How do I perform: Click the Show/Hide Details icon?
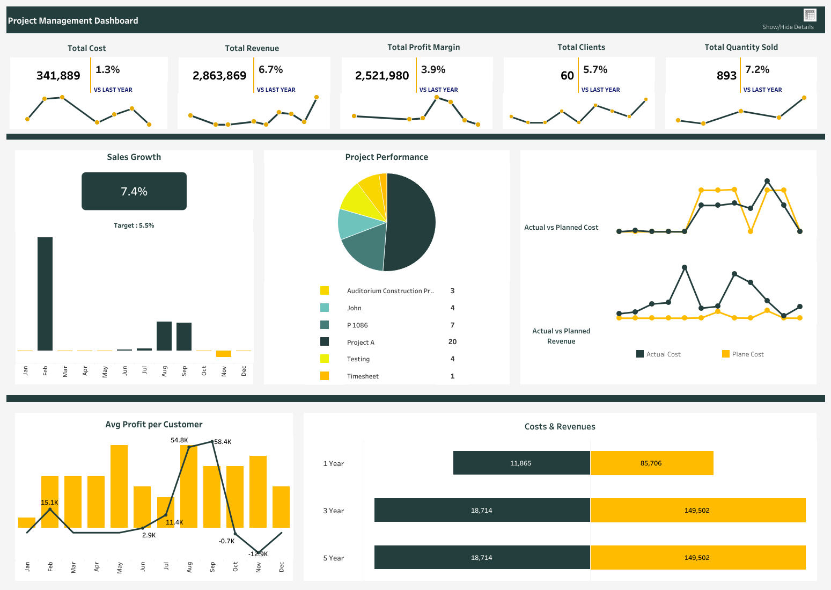point(810,15)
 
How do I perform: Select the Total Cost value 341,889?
point(58,76)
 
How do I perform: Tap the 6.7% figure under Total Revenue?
point(270,70)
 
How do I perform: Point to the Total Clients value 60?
point(567,76)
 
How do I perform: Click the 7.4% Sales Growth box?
point(134,191)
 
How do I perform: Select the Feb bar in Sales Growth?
point(45,294)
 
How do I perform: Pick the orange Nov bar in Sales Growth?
point(224,354)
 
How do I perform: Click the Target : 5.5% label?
point(134,225)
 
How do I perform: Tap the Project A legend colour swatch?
point(325,341)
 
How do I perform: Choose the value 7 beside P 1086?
point(452,325)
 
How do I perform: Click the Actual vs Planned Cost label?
point(561,228)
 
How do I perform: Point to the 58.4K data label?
point(223,442)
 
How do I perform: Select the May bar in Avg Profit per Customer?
point(119,486)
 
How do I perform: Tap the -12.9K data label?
point(258,554)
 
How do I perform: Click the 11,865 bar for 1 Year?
point(521,463)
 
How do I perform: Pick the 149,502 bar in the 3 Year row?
point(697,510)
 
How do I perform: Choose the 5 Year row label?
point(333,558)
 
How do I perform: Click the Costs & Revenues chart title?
point(560,427)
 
